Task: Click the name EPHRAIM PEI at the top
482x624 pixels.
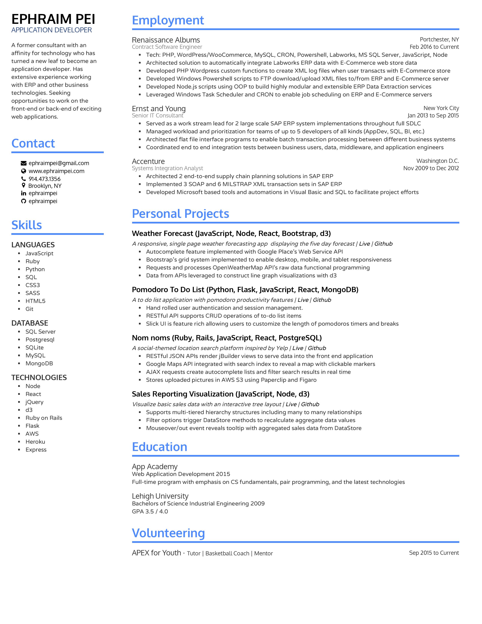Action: [x=53, y=19]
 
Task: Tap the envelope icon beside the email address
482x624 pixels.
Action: [x=23, y=163]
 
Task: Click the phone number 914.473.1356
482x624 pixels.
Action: [x=45, y=179]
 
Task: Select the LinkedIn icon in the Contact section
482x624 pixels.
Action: [x=23, y=193]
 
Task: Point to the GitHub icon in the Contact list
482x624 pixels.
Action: [x=23, y=201]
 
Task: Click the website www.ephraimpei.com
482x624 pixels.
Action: [x=57, y=171]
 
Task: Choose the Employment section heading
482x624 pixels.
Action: [x=168, y=20]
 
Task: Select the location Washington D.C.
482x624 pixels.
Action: [x=437, y=161]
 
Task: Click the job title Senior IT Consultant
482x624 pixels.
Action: [x=158, y=115]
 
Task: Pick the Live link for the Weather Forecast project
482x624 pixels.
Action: [x=364, y=244]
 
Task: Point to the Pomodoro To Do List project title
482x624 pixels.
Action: [x=245, y=290]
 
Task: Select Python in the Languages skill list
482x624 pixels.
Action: [x=35, y=269]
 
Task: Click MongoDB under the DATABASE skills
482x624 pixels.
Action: [x=39, y=363]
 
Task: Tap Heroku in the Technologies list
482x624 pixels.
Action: [x=35, y=442]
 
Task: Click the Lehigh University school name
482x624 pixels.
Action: [x=160, y=496]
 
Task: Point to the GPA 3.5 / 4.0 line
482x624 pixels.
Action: [x=150, y=511]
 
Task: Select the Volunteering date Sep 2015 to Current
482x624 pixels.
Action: [x=434, y=553]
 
